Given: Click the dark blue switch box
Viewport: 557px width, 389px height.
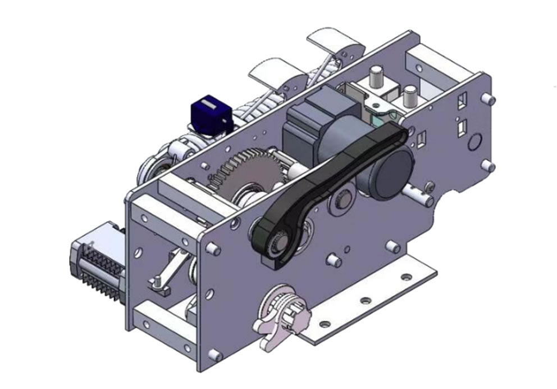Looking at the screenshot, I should tap(211, 114).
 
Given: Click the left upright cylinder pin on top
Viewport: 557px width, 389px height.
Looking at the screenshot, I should tap(375, 77).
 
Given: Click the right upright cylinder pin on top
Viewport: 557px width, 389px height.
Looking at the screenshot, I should tap(409, 93).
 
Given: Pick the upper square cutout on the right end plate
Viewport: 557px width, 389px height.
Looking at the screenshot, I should tap(462, 101).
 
